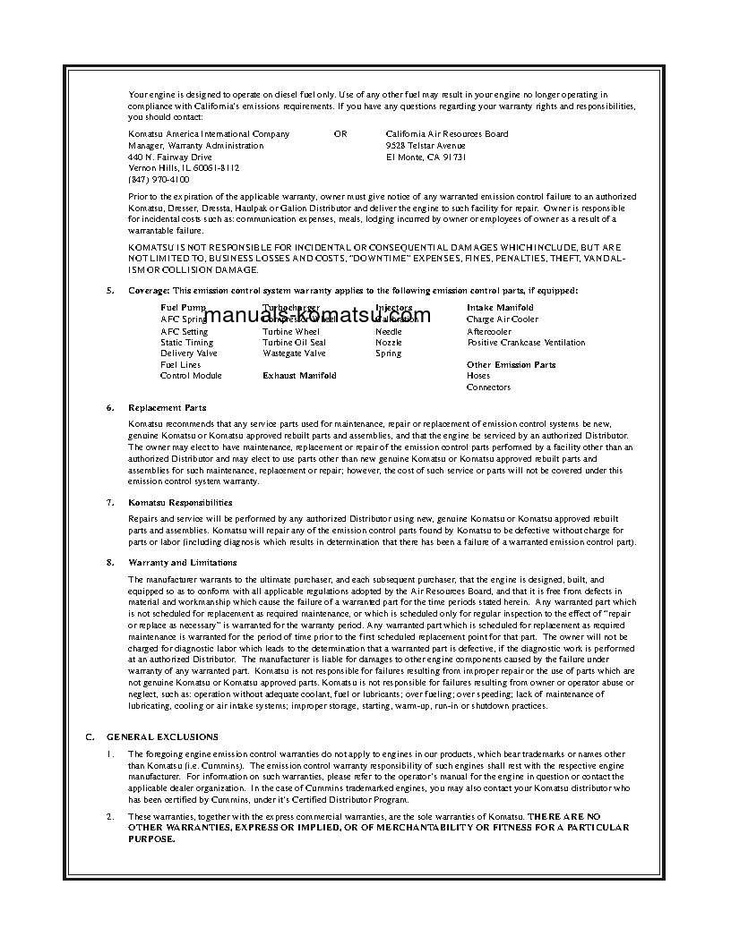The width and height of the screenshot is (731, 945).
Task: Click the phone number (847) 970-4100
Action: tap(159, 179)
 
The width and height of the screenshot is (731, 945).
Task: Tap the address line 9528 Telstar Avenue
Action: tap(426, 145)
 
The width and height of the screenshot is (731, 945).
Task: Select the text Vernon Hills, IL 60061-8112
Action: tap(184, 167)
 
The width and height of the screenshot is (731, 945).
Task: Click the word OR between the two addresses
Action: tap(340, 134)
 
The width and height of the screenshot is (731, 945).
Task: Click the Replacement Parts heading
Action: tap(168, 407)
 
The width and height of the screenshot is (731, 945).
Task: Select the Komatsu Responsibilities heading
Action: tap(180, 503)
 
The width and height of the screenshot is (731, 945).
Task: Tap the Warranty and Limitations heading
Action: tap(183, 562)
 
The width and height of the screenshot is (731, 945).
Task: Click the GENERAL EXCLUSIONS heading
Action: tap(162, 736)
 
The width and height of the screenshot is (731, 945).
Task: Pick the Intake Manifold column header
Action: tap(500, 308)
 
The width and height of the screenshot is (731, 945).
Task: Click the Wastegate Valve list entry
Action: tap(294, 353)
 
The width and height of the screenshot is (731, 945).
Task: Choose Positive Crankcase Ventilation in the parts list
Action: tap(526, 342)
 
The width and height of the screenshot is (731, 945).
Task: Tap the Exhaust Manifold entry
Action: tap(299, 376)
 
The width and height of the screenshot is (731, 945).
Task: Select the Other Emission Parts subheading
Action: tap(511, 364)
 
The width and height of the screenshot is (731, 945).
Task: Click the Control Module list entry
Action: tap(191, 376)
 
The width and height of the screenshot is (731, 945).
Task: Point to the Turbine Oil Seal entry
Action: tap(294, 342)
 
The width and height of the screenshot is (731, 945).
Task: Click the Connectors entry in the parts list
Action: tap(488, 387)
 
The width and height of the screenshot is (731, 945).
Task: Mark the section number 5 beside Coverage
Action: tap(110, 290)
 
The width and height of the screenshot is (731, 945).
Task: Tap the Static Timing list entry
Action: tap(186, 342)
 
